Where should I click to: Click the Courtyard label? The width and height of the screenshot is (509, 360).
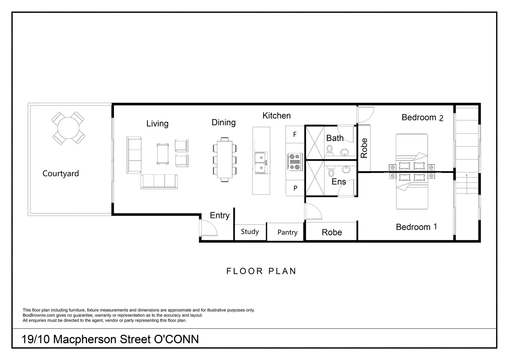pos(61,174)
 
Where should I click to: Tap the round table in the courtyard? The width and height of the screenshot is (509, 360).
pos(68,128)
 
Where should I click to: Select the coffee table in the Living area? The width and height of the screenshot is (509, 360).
pos(163,154)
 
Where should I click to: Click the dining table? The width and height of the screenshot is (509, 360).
pos(225,159)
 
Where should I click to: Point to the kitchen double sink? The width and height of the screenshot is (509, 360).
pos(261,163)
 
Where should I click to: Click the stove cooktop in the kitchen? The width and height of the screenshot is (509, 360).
pos(295,162)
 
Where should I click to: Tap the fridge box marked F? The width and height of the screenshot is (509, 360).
pos(295,134)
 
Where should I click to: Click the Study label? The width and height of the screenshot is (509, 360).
pos(250,232)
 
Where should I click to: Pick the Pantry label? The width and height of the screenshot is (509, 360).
pos(287,232)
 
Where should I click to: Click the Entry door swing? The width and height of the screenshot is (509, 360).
pos(209,228)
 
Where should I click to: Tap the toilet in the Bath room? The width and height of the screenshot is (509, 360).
pos(329,150)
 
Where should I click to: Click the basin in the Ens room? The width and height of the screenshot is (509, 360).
pos(346,170)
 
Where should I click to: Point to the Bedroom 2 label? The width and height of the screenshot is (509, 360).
pos(422,118)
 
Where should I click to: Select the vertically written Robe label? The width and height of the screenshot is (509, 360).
pos(364,148)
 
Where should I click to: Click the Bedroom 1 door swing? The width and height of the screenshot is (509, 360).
pos(313,211)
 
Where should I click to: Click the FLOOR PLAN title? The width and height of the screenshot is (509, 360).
pos(261,271)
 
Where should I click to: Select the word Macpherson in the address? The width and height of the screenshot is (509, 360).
pos(85,339)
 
